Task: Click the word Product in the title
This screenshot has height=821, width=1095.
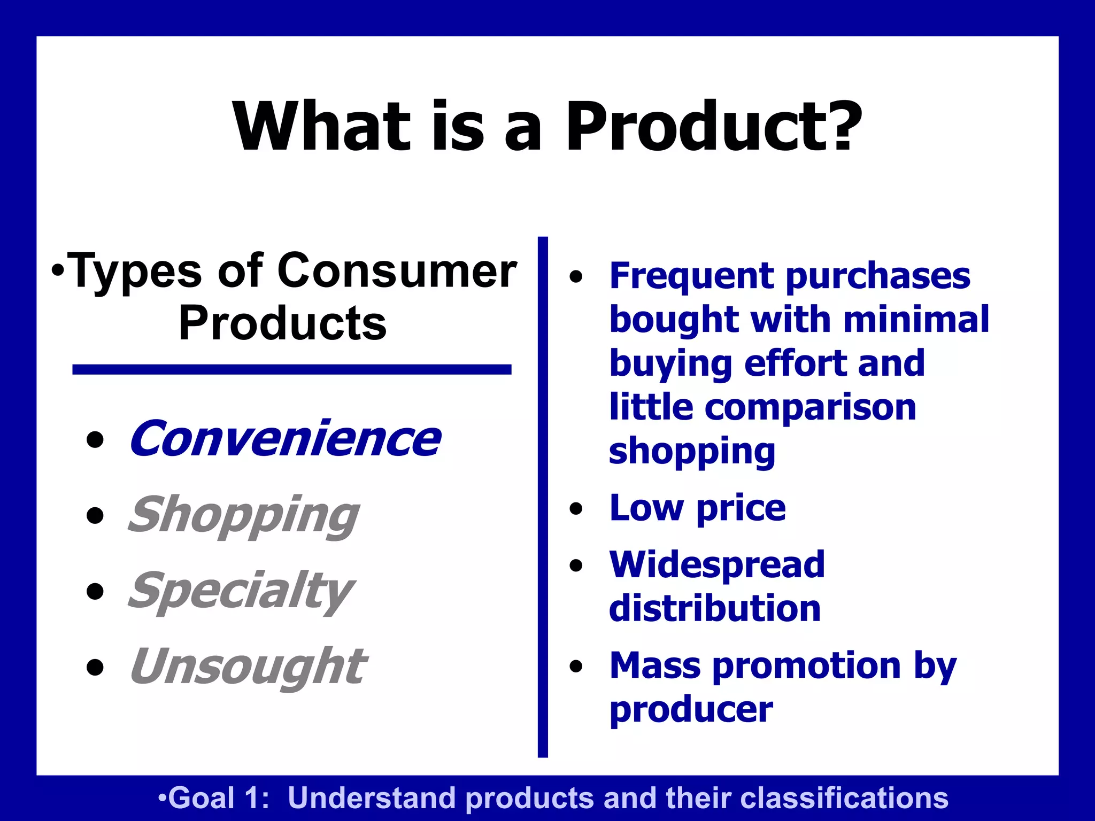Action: (x=690, y=127)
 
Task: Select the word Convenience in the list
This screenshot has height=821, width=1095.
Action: (x=285, y=439)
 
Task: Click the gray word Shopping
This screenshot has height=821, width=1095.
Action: (x=243, y=515)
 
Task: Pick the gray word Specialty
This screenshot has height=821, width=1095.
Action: (x=241, y=591)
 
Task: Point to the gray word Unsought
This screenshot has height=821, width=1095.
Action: (x=248, y=667)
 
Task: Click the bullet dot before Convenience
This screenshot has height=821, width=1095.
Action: (x=95, y=440)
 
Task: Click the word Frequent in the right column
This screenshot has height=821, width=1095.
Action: (x=692, y=276)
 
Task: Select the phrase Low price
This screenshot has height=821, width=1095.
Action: (x=697, y=508)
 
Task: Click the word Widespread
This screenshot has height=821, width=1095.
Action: (x=717, y=564)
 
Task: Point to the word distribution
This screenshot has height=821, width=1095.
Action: (x=715, y=608)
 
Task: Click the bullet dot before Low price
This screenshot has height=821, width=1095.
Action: (x=576, y=508)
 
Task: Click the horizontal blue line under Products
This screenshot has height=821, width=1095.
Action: (x=292, y=369)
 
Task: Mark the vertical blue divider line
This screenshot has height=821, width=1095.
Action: (x=543, y=497)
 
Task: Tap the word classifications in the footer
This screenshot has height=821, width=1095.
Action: (x=843, y=798)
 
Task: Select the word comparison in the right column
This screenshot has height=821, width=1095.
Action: (x=810, y=408)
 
